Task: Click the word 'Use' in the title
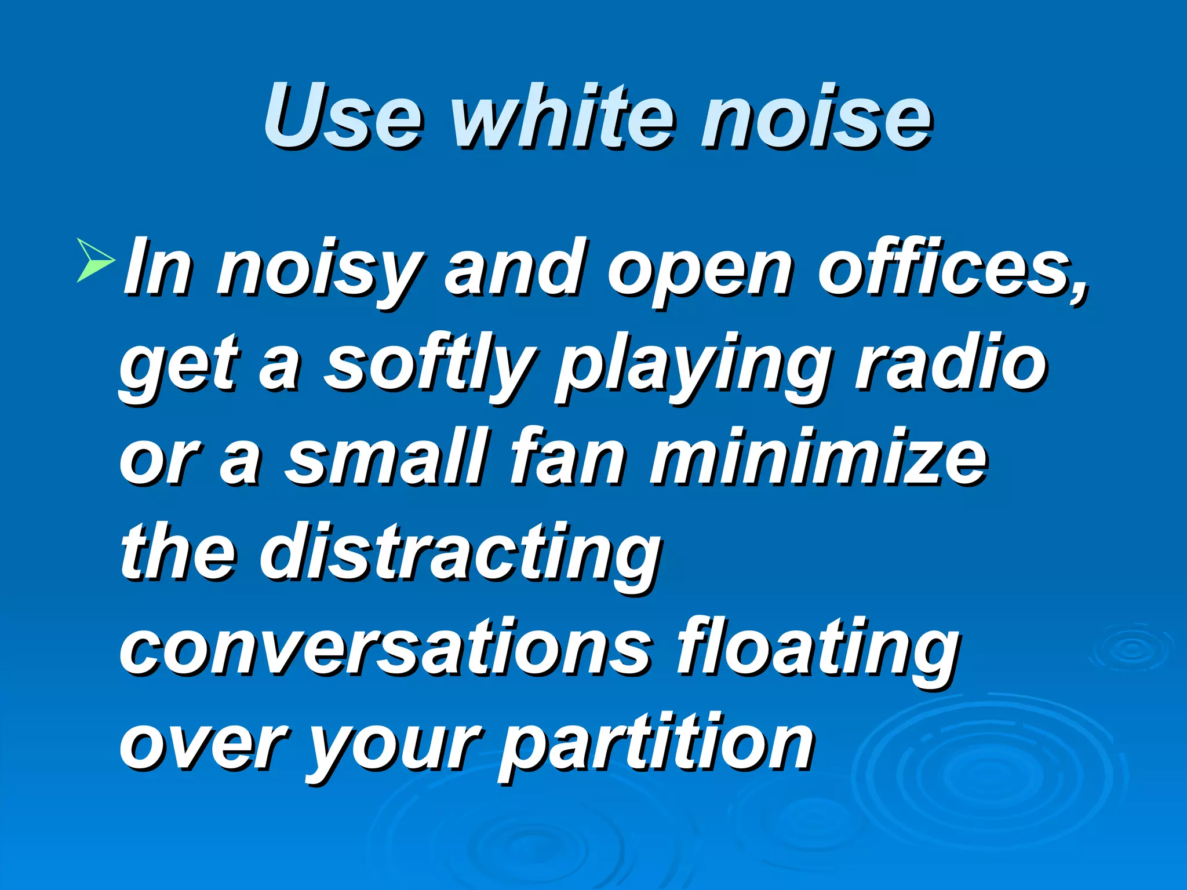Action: [x=342, y=116]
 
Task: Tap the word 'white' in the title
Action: [x=562, y=116]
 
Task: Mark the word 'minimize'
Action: [x=818, y=458]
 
